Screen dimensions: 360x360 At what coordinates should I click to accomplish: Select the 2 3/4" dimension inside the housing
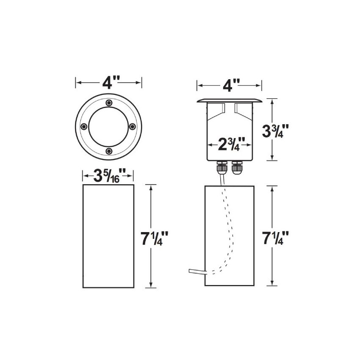point(229,144)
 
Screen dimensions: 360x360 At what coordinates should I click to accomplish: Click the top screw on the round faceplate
point(109,102)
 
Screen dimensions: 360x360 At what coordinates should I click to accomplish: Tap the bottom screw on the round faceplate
point(109,151)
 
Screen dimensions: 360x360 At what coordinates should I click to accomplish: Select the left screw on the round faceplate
point(84,126)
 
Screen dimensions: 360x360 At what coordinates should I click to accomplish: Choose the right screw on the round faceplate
point(133,126)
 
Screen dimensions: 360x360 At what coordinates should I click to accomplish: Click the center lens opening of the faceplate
point(108,126)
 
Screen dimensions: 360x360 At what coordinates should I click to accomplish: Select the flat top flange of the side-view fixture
point(229,100)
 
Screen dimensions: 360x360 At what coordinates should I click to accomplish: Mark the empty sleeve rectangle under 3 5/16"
point(108,235)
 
